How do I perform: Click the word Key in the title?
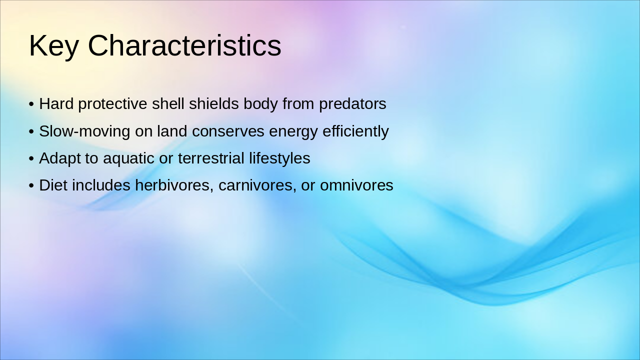pos(53,46)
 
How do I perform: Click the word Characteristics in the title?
pos(184,46)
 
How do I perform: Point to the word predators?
pos(352,104)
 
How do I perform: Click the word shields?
pos(214,104)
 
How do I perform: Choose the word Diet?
pos(53,185)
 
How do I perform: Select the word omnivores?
pos(356,185)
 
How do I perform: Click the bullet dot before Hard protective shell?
pos(31,104)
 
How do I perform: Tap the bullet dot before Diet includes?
pos(31,186)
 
